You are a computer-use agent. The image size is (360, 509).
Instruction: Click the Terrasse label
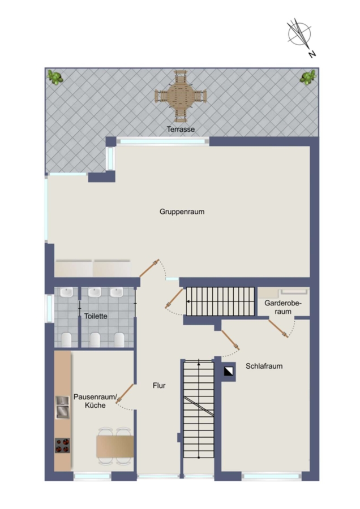click(181, 129)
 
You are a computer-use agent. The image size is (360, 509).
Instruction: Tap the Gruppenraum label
click(182, 212)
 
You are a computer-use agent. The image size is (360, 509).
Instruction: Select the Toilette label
click(96, 316)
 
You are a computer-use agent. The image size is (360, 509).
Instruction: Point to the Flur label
click(159, 385)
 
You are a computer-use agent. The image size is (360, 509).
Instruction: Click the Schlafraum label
click(264, 366)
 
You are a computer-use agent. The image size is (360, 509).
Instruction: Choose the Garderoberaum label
click(283, 308)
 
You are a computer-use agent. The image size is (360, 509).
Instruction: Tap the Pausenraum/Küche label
click(95, 401)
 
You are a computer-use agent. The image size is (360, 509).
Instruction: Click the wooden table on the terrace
click(181, 96)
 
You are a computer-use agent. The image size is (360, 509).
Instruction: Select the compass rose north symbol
click(299, 33)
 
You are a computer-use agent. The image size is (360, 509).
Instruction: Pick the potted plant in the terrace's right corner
click(308, 77)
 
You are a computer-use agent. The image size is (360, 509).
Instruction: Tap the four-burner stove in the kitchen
click(62, 446)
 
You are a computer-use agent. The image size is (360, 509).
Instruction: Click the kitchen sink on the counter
click(62, 407)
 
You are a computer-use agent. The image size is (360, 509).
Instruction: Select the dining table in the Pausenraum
click(115, 446)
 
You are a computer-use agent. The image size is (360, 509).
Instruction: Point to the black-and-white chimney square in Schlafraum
click(229, 371)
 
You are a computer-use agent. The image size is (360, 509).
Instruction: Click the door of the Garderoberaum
click(278, 329)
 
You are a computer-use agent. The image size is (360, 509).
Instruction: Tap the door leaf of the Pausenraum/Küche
click(125, 394)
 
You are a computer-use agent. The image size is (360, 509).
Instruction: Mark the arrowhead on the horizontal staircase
click(188, 301)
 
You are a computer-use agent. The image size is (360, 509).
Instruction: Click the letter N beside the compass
click(312, 54)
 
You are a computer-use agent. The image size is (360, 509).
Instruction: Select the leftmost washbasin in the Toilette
click(67, 292)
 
